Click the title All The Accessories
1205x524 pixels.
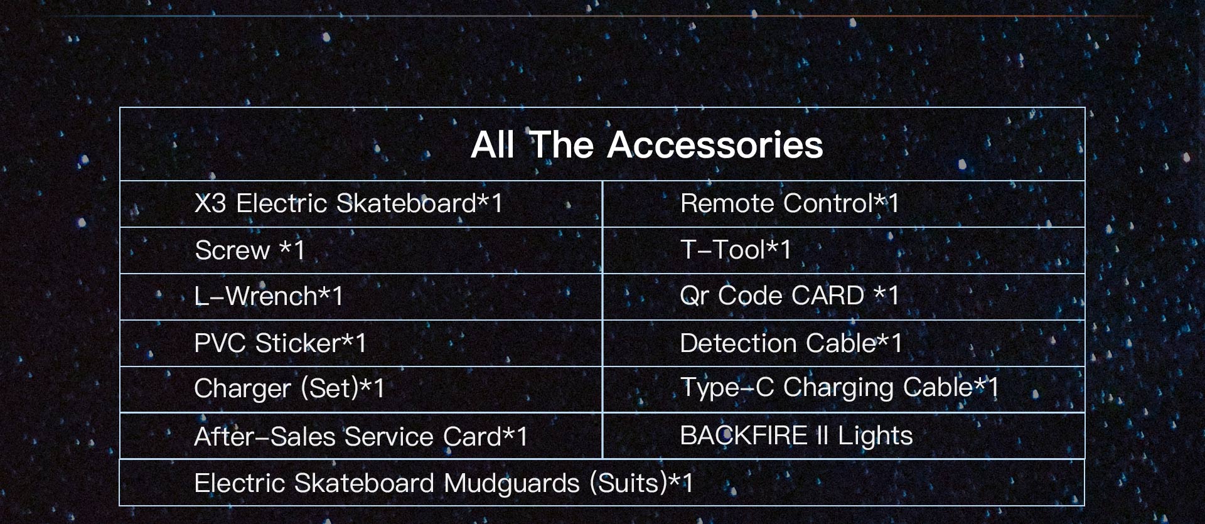click(646, 145)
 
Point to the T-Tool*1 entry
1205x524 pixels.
click(736, 250)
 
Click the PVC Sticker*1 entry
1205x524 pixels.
click(281, 343)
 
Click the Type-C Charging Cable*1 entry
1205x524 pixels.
click(840, 388)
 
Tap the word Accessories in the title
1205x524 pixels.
click(715, 145)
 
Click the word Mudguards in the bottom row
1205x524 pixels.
click(511, 484)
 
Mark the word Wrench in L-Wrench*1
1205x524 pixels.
click(271, 296)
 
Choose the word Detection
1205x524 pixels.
click(738, 343)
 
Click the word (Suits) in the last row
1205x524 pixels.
click(628, 484)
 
